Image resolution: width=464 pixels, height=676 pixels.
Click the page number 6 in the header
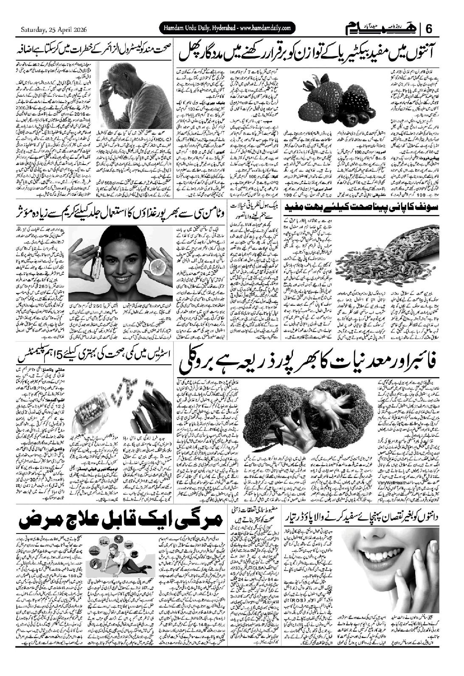click(x=429, y=29)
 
